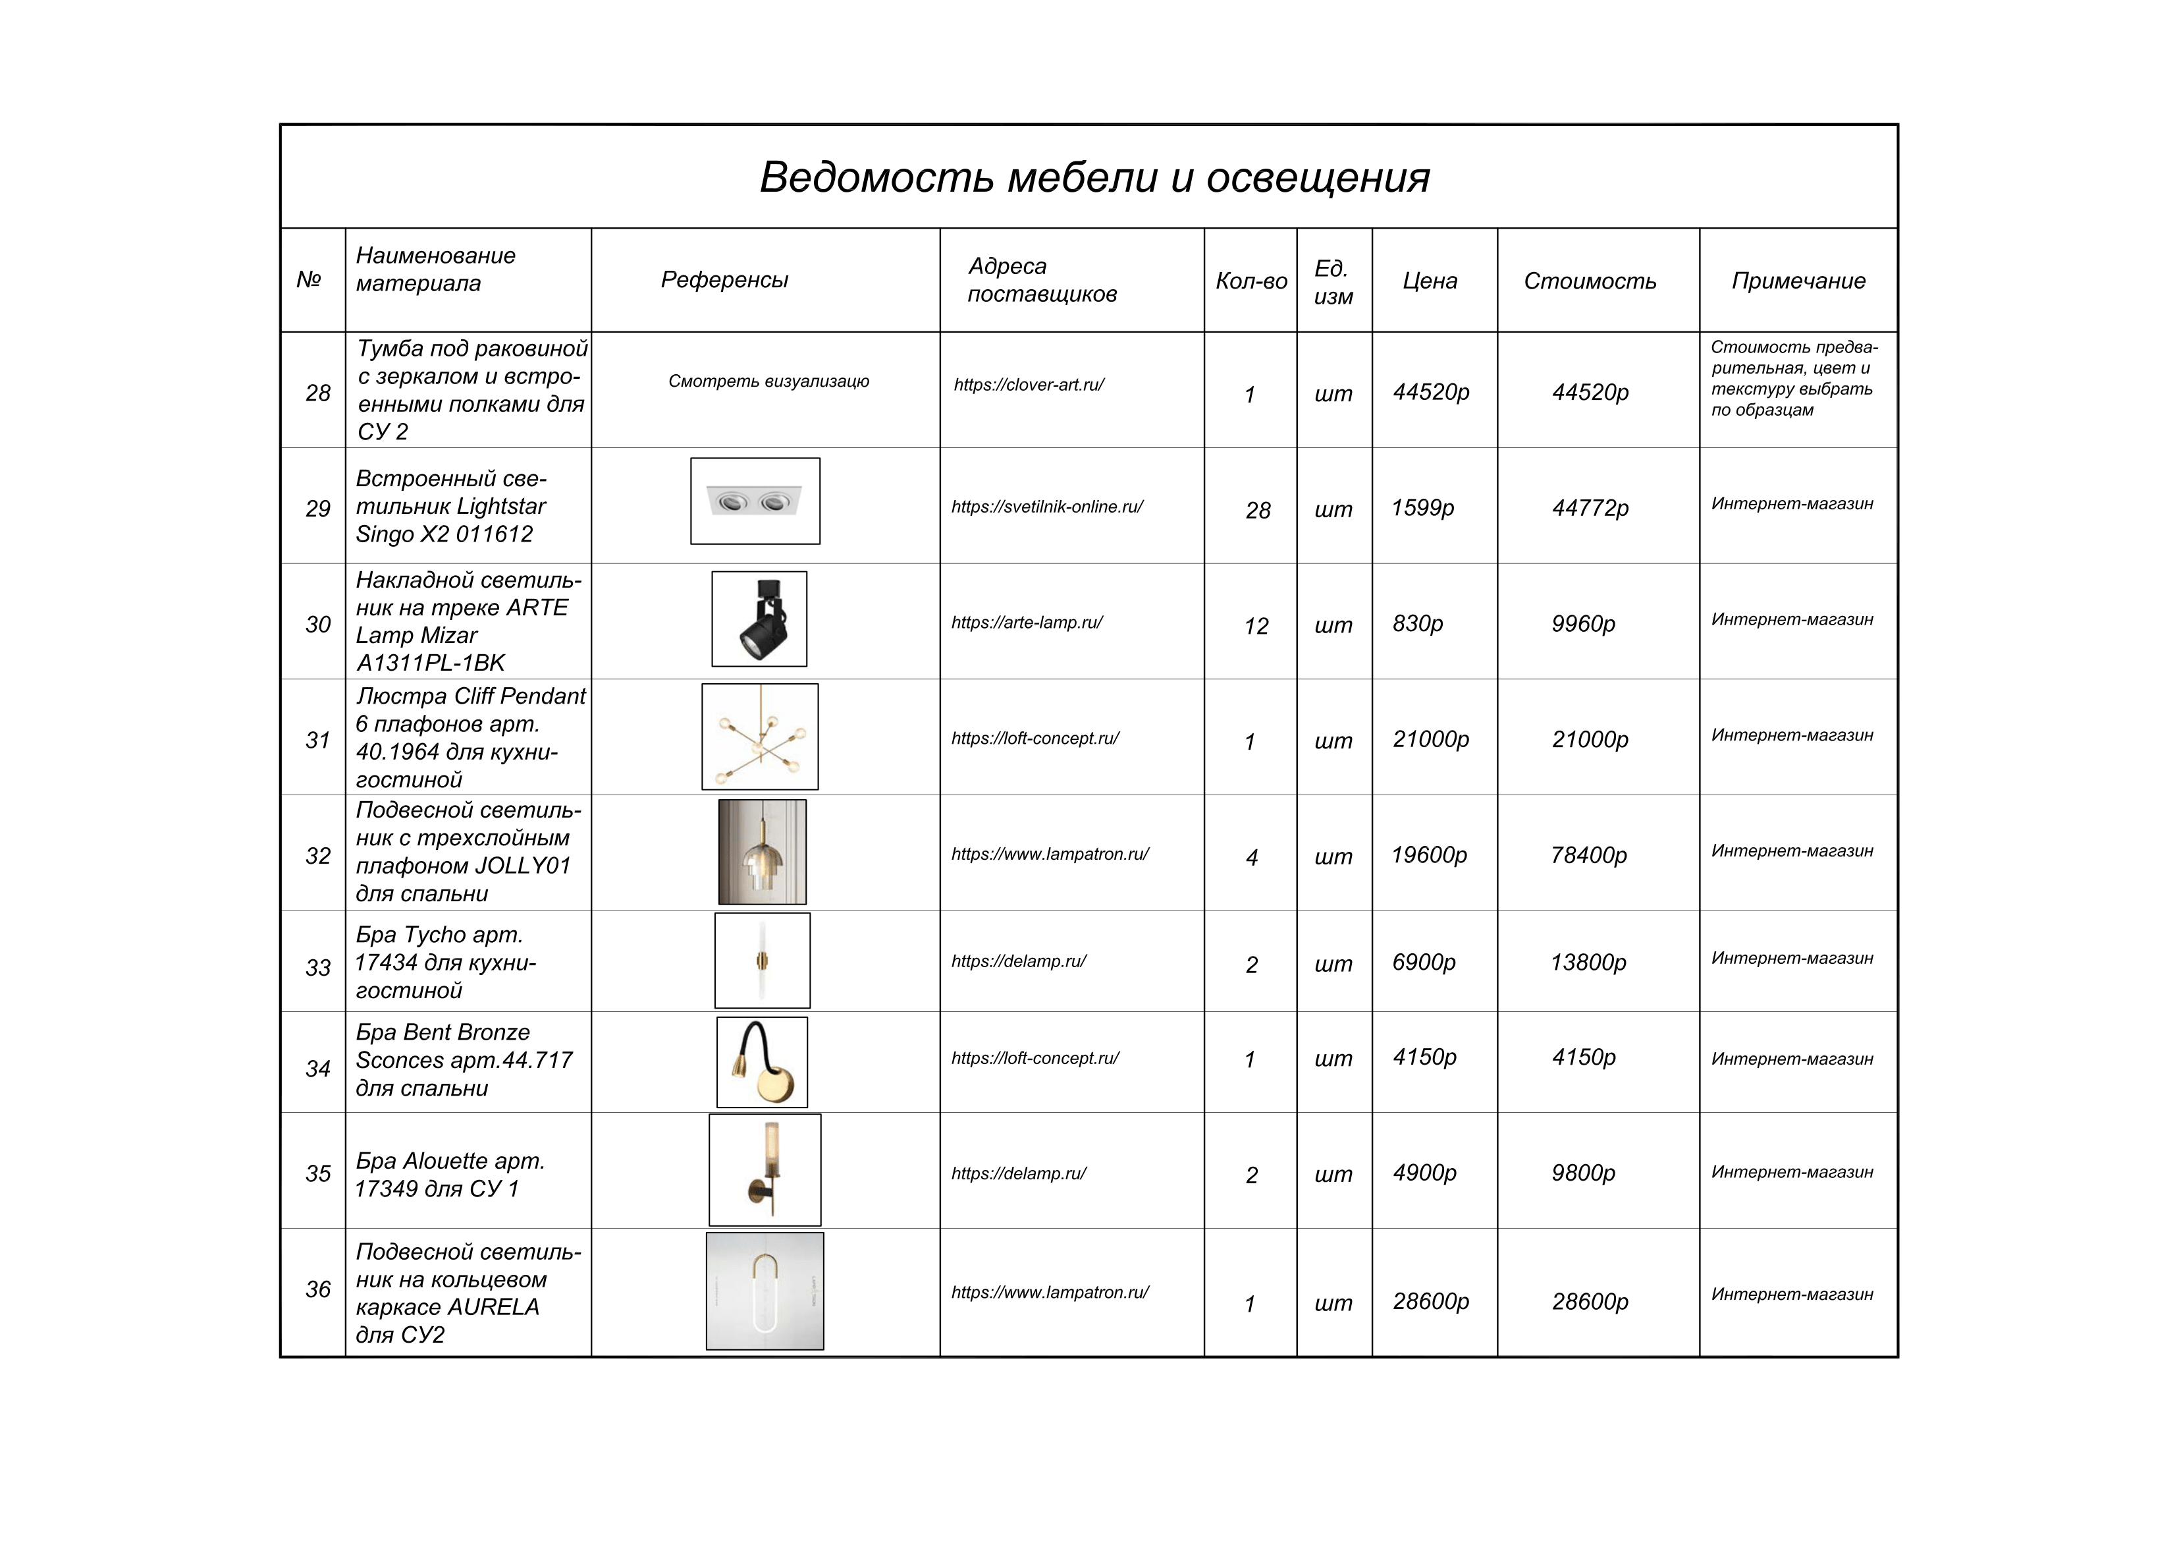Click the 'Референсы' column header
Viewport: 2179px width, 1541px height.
[x=724, y=280]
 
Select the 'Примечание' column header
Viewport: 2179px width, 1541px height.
[x=1798, y=281]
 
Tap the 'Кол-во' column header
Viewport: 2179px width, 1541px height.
[x=1251, y=281]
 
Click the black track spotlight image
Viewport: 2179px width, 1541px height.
[x=759, y=619]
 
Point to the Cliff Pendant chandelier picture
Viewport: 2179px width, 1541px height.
[x=759, y=737]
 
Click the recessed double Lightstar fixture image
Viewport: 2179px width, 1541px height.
[x=755, y=501]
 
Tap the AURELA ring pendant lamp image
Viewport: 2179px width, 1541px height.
[x=765, y=1291]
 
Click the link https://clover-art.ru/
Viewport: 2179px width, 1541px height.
[x=1029, y=385]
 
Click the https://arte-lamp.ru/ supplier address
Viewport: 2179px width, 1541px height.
[x=1027, y=623]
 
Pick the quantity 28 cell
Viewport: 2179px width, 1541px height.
[x=1258, y=511]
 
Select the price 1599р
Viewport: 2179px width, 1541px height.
[x=1422, y=508]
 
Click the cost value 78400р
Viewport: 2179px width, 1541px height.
[x=1589, y=855]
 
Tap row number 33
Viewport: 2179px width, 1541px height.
[x=318, y=968]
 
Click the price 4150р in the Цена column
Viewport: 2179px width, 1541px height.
[x=1424, y=1057]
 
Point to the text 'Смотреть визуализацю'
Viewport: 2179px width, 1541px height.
[x=768, y=381]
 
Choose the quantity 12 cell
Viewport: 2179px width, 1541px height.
[x=1256, y=627]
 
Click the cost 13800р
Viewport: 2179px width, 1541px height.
[x=1588, y=963]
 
